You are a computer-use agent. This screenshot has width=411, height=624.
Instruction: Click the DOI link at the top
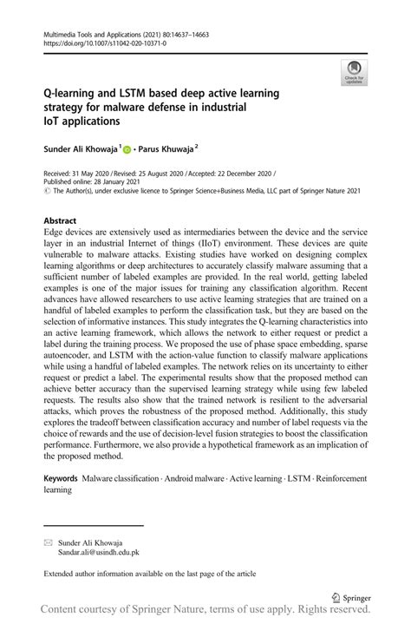coord(96,47)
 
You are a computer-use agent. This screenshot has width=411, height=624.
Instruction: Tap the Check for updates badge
coord(354,73)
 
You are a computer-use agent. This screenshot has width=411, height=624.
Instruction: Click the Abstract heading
coord(60,220)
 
